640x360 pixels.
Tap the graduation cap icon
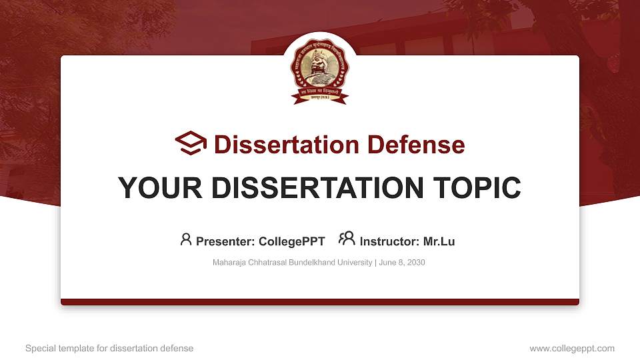pos(191,144)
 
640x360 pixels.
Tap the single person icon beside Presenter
pos(186,240)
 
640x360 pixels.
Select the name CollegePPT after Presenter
pos(293,241)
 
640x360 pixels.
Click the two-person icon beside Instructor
pos(347,239)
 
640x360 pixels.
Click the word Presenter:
pos(225,241)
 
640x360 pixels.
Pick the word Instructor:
pos(389,241)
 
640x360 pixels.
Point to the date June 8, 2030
pos(401,263)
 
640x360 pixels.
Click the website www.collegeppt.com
pos(571,348)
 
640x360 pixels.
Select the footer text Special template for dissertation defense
pos(109,348)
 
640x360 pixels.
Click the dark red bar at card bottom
pos(320,302)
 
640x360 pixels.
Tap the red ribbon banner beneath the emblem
pos(320,97)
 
